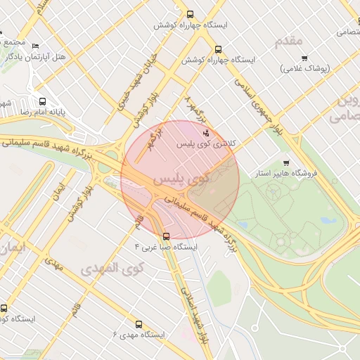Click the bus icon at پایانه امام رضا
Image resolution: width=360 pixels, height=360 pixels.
click(x=43, y=101)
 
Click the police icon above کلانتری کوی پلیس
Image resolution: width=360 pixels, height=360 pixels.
click(x=205, y=133)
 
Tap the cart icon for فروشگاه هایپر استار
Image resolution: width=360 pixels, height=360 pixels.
click(x=285, y=163)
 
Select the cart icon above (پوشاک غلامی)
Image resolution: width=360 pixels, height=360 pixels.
click(x=304, y=58)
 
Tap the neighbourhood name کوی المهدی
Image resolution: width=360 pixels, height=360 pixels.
click(x=112, y=269)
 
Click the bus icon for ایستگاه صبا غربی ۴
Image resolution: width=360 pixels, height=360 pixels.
click(x=166, y=236)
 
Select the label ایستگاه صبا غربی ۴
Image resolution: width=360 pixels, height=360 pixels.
click(x=166, y=247)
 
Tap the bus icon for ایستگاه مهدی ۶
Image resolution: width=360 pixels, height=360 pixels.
click(x=138, y=325)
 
